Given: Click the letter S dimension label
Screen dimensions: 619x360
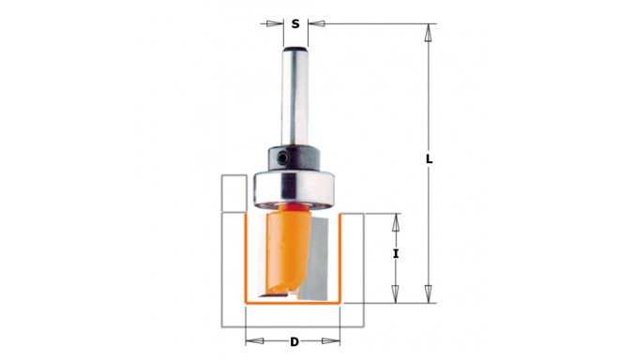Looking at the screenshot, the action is coord(295,24).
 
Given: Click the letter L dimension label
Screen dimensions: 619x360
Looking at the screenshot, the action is coord(430,159).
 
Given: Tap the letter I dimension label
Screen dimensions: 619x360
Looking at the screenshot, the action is coord(396,254).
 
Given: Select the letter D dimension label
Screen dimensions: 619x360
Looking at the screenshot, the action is coord(294,342).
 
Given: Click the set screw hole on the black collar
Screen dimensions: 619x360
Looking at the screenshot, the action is coord(282,158).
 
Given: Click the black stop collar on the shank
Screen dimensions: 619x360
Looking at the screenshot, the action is coord(294,158).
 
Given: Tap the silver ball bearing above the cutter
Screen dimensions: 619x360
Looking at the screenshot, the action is coord(294,189).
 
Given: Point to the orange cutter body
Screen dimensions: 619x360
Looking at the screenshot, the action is coord(286,252).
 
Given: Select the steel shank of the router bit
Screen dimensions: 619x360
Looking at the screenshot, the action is coord(294,97).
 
